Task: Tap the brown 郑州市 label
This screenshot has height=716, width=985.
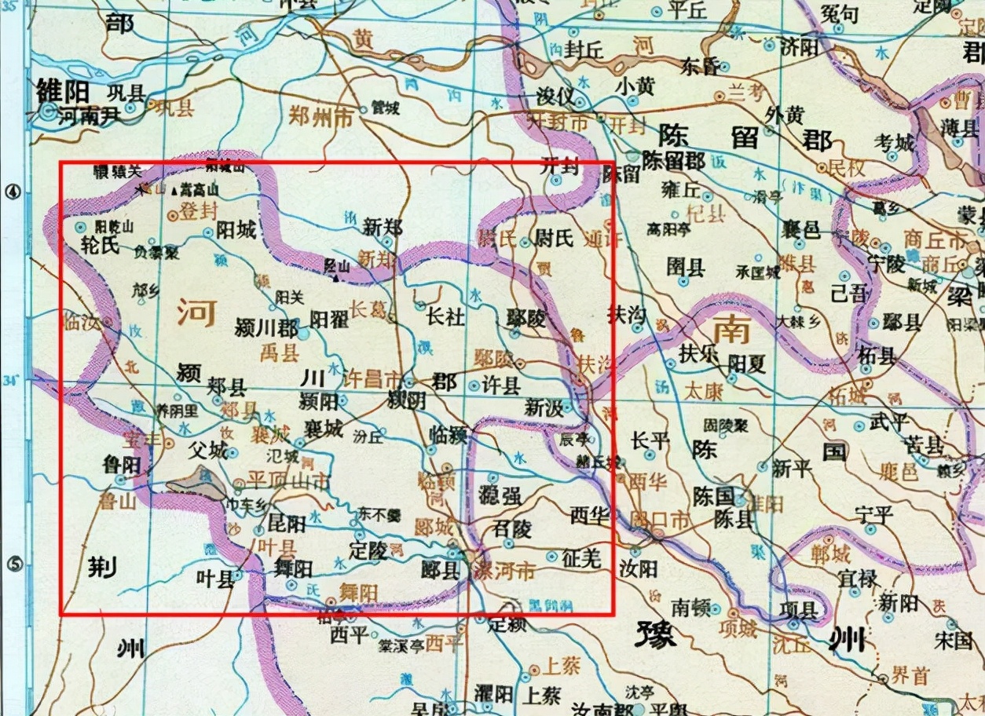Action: (x=321, y=115)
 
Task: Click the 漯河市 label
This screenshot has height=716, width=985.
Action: (x=504, y=572)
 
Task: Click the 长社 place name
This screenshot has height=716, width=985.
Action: (x=446, y=316)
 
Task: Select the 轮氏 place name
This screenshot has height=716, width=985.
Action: (x=100, y=245)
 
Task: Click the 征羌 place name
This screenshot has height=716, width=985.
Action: (x=582, y=558)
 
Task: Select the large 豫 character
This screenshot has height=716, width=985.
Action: (x=656, y=633)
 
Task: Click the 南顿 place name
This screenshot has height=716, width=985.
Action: (x=690, y=606)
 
